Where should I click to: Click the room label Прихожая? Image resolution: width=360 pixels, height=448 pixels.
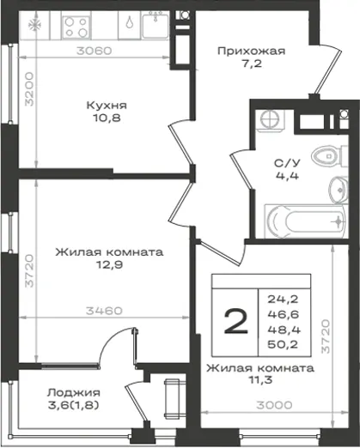[251, 51]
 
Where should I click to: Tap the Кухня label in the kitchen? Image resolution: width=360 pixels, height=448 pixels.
[107, 106]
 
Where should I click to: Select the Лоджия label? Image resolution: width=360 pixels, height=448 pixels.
[74, 393]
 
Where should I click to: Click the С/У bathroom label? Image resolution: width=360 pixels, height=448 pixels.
[287, 163]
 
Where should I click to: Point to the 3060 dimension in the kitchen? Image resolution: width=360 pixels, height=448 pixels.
[95, 51]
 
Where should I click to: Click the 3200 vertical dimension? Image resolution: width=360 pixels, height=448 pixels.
[29, 89]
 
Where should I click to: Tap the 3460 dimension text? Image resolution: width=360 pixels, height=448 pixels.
[104, 311]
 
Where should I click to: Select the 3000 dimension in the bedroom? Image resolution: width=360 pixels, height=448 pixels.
[274, 405]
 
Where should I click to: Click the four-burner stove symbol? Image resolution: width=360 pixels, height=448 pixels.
[76, 27]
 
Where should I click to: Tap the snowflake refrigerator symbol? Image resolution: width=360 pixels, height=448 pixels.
[34, 25]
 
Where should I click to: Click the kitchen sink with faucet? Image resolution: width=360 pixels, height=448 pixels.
[156, 25]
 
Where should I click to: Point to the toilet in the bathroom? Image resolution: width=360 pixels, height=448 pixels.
[329, 156]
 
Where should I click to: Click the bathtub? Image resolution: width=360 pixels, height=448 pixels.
[306, 221]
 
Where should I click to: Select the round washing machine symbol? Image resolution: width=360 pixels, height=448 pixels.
[270, 119]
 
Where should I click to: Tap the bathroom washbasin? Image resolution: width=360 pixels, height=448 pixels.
[339, 190]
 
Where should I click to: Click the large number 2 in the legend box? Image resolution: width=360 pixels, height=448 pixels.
[235, 322]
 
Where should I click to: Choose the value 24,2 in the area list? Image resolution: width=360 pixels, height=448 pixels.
[283, 300]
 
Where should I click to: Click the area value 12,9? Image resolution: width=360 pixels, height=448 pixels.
[109, 265]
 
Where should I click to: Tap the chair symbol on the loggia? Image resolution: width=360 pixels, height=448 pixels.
[172, 399]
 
